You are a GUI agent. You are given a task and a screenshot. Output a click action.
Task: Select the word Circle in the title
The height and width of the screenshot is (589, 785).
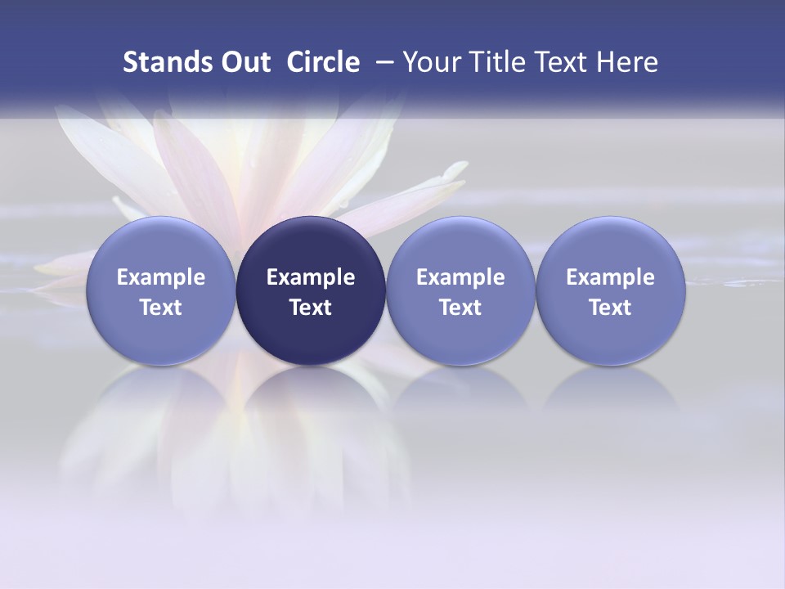(323, 62)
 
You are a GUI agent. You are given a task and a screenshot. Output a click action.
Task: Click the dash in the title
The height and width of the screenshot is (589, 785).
(382, 62)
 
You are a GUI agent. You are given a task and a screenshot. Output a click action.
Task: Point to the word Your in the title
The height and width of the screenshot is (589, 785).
(430, 62)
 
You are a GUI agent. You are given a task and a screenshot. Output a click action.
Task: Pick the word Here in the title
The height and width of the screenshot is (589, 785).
(628, 62)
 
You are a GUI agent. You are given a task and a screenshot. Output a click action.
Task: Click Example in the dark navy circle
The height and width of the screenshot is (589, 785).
(311, 277)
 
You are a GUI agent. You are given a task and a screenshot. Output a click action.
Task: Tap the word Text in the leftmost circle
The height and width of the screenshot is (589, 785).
(161, 308)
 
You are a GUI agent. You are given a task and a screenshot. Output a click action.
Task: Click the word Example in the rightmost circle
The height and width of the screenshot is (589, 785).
(610, 277)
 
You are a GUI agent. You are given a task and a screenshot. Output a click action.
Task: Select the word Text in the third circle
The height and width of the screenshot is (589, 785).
(460, 308)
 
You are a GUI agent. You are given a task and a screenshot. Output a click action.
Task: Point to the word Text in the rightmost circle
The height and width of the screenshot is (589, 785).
(610, 308)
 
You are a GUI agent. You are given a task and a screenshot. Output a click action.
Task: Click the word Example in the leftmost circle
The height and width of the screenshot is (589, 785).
(161, 277)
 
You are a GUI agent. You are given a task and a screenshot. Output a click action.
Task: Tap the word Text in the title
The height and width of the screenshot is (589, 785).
(563, 62)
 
